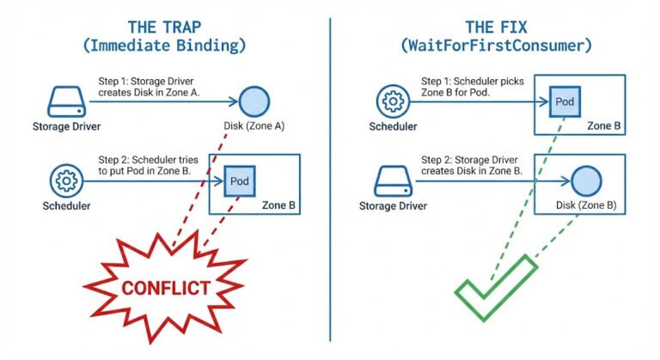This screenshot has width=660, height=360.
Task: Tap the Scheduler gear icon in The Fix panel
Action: pyautogui.click(x=393, y=101)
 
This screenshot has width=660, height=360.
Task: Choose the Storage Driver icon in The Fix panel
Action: pyautogui.click(x=393, y=181)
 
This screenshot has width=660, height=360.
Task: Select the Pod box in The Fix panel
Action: pyautogui.click(x=564, y=101)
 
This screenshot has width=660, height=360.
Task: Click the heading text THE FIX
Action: pyautogui.click(x=495, y=26)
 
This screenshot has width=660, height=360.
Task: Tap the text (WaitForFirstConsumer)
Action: pyautogui.click(x=495, y=46)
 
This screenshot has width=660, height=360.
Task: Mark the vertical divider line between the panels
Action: pyautogui.click(x=330, y=180)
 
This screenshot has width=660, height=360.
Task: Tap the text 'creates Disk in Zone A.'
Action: pyautogui.click(x=150, y=93)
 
